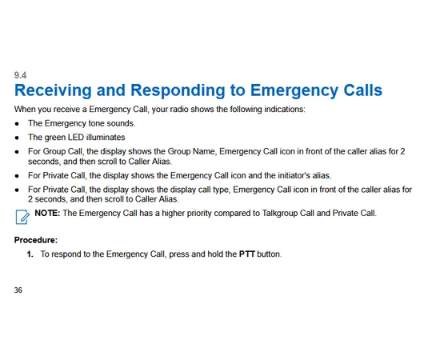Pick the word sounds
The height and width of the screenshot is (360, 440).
[122, 123]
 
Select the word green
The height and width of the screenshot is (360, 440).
[59, 137]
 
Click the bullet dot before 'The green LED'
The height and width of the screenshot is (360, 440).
[17, 138]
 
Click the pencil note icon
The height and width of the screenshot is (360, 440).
[22, 214]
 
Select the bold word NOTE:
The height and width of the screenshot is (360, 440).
[47, 213]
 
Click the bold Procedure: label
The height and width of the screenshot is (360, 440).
[35, 239]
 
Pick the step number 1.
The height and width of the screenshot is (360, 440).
[30, 254]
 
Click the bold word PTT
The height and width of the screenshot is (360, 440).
[247, 254]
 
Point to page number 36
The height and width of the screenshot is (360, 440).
[19, 290]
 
